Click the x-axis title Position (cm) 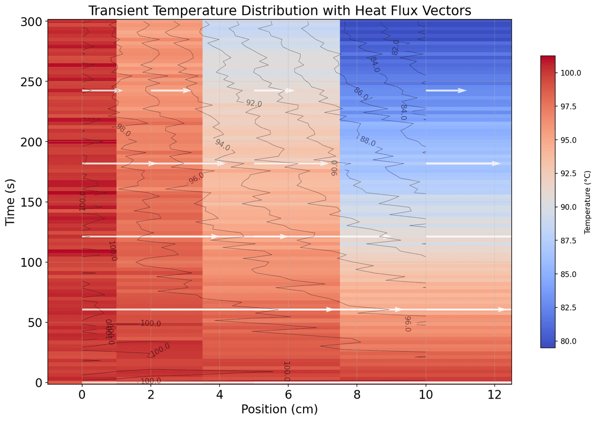tap(279, 409)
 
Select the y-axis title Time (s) tap(11, 201)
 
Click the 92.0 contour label tap(254, 103)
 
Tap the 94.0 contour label tap(222, 145)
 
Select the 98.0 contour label tap(124, 130)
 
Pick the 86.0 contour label tap(361, 93)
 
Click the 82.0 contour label tap(396, 48)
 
